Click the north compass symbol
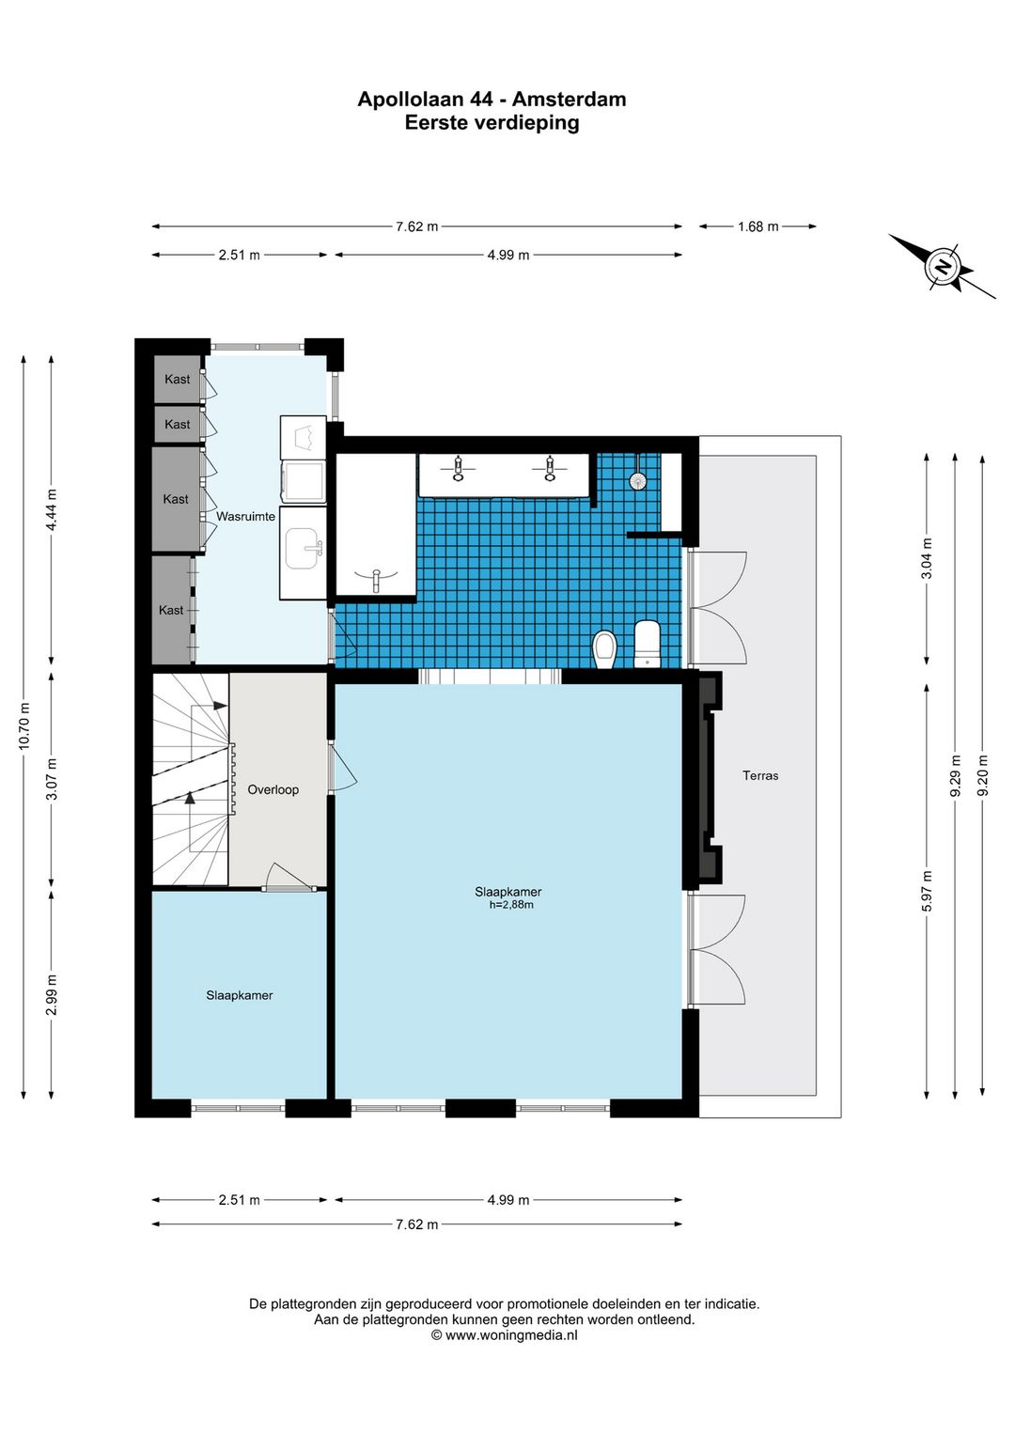[x=942, y=266]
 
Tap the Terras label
[x=760, y=776]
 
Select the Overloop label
[x=273, y=790]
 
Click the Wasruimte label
[x=245, y=517]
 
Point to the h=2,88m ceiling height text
[x=511, y=905]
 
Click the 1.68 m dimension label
[x=758, y=226]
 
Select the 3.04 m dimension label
[x=927, y=557]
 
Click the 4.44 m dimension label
[x=52, y=509]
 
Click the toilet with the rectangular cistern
[x=647, y=644]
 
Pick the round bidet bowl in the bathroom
[x=604, y=649]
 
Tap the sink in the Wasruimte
[x=303, y=549]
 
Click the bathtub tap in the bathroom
[x=377, y=579]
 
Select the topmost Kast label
[x=177, y=380]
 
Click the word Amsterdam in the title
[x=569, y=100]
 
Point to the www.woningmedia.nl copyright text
[x=504, y=1334]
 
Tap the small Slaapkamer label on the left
[x=240, y=995]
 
